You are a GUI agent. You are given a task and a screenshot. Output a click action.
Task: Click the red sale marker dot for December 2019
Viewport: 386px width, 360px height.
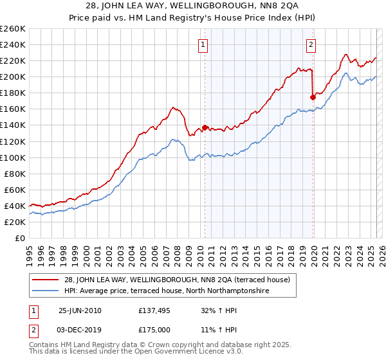coord(313,97)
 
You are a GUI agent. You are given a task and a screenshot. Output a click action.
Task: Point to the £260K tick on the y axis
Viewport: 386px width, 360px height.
coord(12,29)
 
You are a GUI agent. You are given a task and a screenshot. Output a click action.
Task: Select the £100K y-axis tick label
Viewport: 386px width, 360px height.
coord(12,157)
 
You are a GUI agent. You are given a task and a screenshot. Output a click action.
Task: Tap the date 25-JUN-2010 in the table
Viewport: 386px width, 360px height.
coord(80,310)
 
